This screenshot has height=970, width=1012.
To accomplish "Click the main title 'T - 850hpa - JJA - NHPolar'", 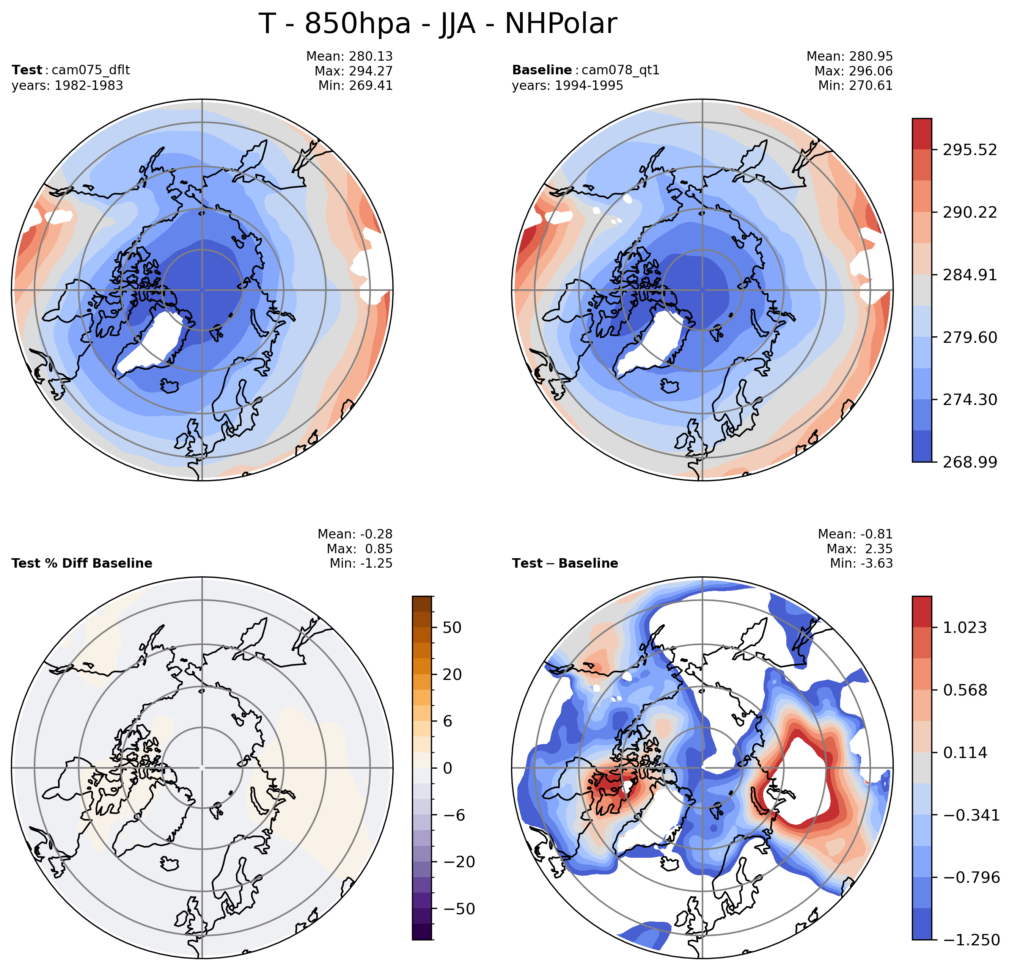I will pyautogui.click(x=437, y=24).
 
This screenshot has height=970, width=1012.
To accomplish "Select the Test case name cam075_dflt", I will pyautogui.click(x=91, y=70).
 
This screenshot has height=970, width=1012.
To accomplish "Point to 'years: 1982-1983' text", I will pyautogui.click(x=67, y=85).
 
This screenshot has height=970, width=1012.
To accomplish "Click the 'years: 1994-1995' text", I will pyautogui.click(x=567, y=85).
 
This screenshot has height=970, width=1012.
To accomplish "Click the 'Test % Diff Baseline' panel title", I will pyautogui.click(x=82, y=563).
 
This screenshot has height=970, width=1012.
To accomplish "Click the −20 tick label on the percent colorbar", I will pyautogui.click(x=456, y=862).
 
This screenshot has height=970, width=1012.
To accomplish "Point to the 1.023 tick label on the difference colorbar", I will pyautogui.click(x=965, y=628).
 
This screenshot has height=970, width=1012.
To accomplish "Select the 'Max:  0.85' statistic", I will pyautogui.click(x=359, y=549).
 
